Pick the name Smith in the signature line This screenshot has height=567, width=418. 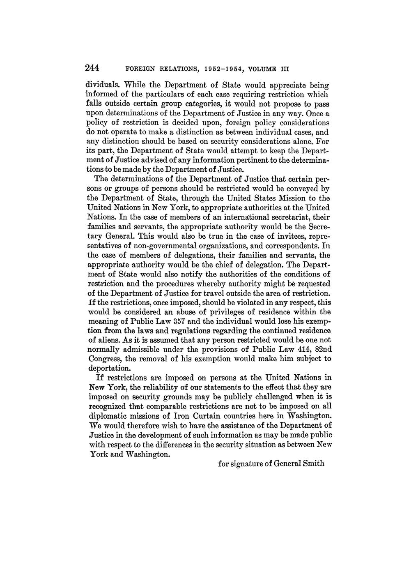(312, 463)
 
